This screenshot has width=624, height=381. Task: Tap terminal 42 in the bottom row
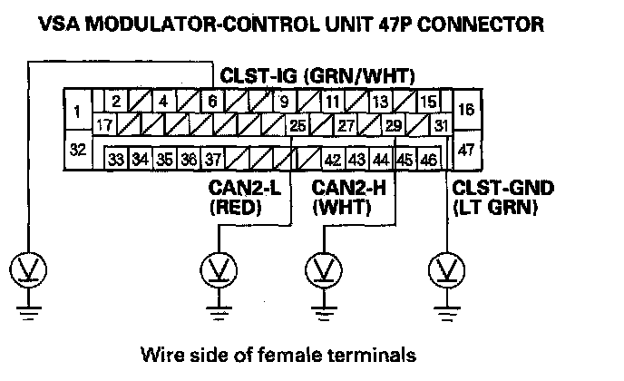[x=332, y=160]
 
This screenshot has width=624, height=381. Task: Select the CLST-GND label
[x=502, y=189]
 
